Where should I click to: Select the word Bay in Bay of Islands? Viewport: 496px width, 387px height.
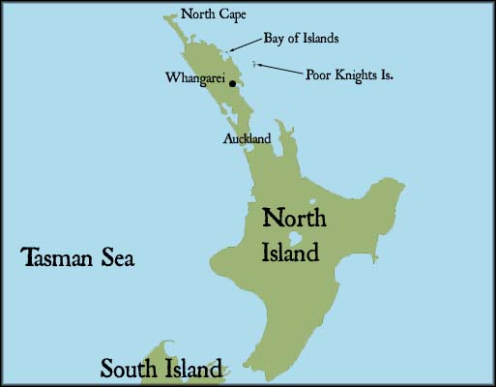tap(275, 40)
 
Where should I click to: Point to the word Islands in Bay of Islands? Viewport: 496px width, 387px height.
tap(318, 40)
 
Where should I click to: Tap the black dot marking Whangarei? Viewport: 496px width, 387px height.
tap(232, 84)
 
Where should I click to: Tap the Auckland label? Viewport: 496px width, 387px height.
tap(247, 139)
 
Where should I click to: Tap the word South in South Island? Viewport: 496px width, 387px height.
tap(131, 368)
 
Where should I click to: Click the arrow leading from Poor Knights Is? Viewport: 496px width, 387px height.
tap(279, 69)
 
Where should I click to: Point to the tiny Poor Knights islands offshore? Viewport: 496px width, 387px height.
tap(254, 63)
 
